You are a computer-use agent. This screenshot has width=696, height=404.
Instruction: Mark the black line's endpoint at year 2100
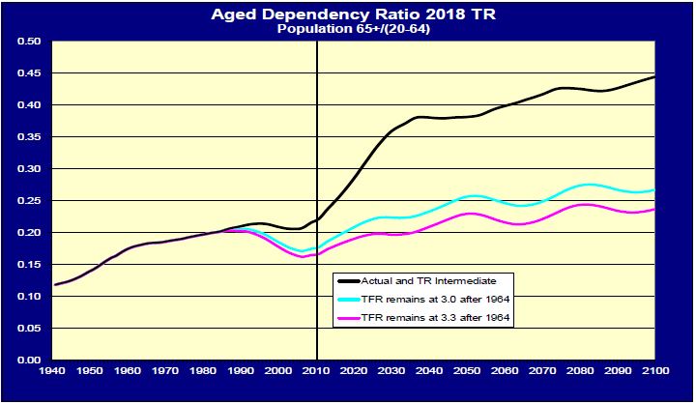pyautogui.click(x=654, y=76)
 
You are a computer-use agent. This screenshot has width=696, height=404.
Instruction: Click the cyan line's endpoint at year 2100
pyautogui.click(x=654, y=190)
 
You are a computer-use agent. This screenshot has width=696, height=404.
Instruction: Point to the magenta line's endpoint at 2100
pyautogui.click(x=654, y=210)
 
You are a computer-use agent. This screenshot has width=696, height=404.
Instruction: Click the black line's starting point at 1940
pyautogui.click(x=55, y=285)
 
